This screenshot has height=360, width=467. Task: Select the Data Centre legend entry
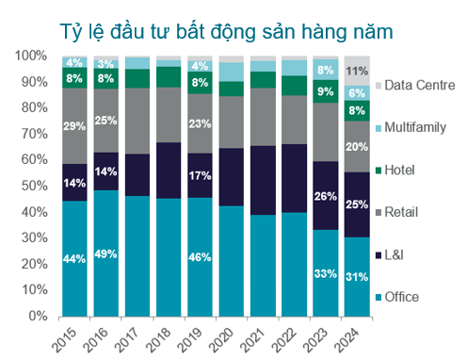click(x=421, y=86)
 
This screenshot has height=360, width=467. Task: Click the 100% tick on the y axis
click(x=30, y=57)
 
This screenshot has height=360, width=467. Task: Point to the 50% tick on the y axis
click(x=33, y=186)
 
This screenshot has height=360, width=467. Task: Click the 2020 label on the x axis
click(x=227, y=336)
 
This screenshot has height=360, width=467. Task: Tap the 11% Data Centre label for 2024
click(x=356, y=71)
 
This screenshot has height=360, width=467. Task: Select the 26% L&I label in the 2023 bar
click(x=325, y=196)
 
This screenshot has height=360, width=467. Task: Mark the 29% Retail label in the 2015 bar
click(x=75, y=126)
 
